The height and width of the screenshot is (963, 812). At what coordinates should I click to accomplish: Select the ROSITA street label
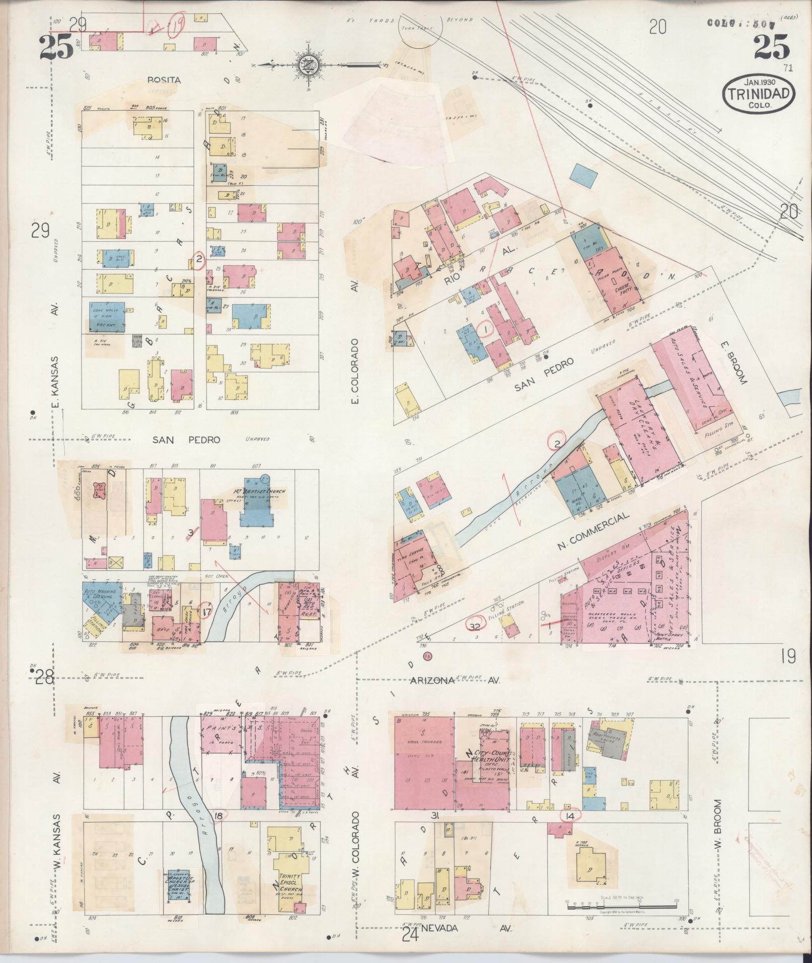point(164,80)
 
